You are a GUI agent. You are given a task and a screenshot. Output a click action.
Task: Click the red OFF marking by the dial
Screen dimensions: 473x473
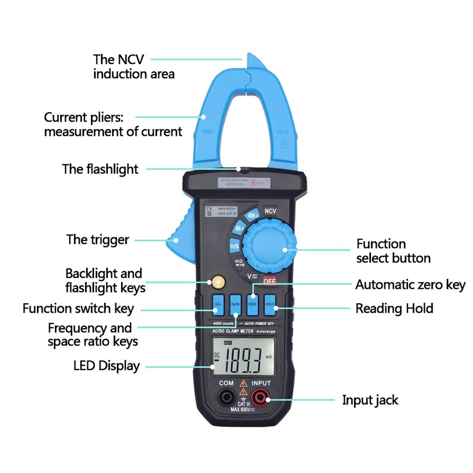pos(269,280)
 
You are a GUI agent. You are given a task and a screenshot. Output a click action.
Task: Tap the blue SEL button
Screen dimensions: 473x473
pos(218,305)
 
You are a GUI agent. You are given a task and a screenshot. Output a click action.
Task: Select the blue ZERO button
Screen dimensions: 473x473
pos(252,305)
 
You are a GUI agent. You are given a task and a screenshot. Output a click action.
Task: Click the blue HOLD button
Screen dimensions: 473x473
pos(270,305)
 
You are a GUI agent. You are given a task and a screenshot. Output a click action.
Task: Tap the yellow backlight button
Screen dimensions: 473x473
pos(218,282)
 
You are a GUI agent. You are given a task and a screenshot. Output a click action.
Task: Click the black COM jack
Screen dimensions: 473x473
pos(227,397)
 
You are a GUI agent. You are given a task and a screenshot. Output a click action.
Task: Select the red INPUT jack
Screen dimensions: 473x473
pos(261,397)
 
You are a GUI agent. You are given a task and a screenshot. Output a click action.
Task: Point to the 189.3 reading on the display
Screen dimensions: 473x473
pos(244,360)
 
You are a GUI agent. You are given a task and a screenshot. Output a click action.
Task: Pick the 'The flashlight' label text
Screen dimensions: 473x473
pos(100,169)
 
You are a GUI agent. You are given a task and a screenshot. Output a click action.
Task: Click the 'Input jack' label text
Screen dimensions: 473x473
pos(370,400)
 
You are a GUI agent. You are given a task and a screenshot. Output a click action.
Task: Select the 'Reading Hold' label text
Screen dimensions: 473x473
pos(394,308)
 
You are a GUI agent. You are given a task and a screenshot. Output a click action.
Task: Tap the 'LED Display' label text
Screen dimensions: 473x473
pos(106,366)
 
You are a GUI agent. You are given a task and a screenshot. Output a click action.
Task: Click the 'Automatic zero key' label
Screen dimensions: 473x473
pos(410,285)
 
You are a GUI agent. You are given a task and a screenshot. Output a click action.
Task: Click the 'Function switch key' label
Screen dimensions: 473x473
pos(78,309)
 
